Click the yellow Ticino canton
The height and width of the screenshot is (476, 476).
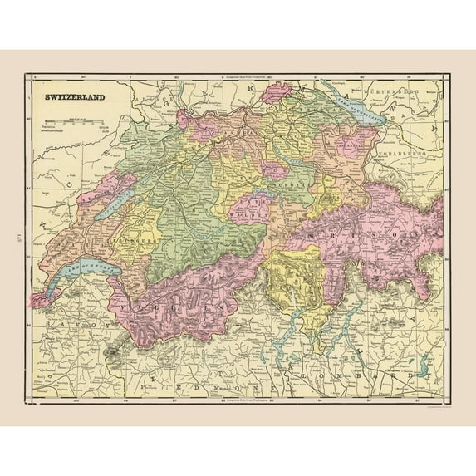(x=291, y=282)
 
